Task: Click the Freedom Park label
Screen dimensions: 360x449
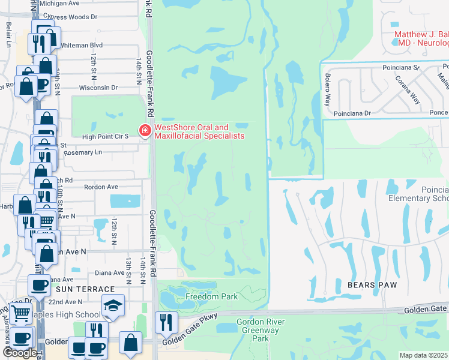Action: click(211, 296)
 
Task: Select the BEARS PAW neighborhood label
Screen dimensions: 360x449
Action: click(371, 285)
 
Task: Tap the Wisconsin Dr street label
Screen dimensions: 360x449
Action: click(98, 88)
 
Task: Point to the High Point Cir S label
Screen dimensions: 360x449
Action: click(106, 137)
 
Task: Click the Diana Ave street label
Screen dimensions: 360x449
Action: click(109, 273)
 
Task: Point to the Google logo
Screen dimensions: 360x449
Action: click(20, 353)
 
